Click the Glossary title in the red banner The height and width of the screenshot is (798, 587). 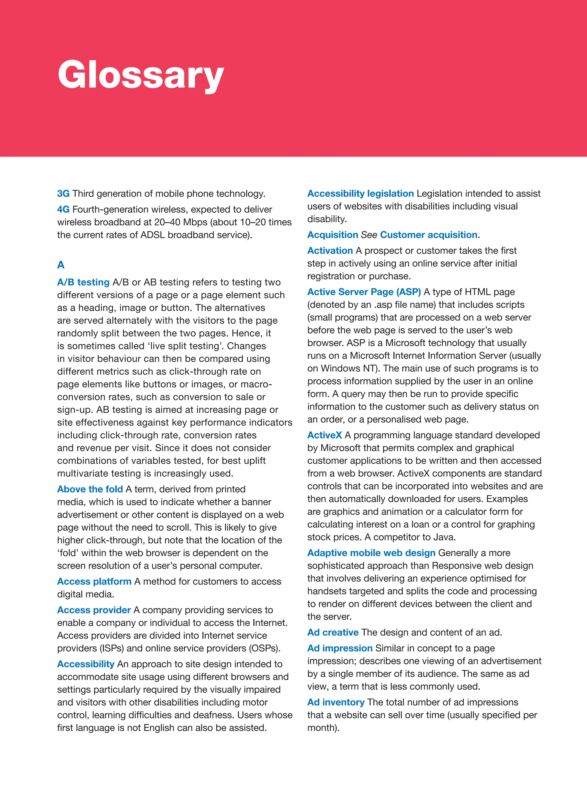pos(141,75)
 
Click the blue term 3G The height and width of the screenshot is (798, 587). pos(63,194)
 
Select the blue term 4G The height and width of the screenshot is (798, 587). pos(63,209)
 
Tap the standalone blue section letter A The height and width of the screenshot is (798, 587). pos(61,265)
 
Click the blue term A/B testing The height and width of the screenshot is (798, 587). pos(83,282)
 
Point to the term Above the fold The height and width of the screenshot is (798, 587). pos(90,489)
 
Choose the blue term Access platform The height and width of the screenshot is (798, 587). pos(94,582)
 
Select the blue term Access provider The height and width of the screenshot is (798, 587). pos(94,610)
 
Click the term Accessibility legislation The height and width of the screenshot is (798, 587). pos(360,194)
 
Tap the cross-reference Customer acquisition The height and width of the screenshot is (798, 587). pos(428,235)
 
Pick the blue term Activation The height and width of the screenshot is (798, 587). pos(330,251)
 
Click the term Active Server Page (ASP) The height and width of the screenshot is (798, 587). pos(364,292)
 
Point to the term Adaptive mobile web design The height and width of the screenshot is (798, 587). pos(371,553)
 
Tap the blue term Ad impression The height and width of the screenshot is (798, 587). pos(340,648)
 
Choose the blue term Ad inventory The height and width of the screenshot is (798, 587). pos(336,703)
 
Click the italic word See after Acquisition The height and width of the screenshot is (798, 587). pos(369,235)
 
